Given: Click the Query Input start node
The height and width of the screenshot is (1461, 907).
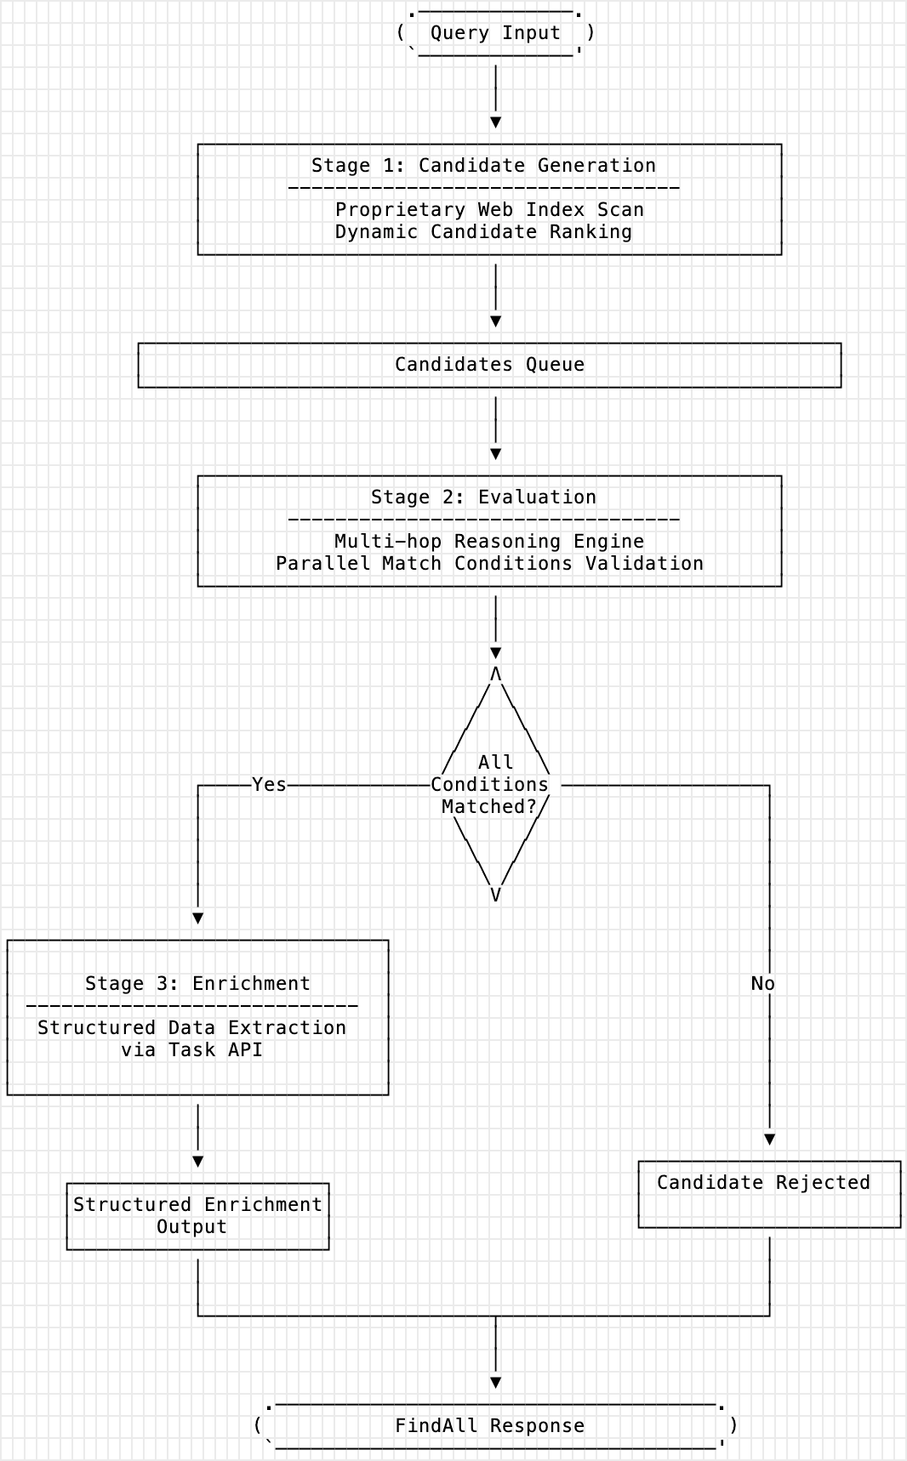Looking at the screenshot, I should click(x=495, y=33).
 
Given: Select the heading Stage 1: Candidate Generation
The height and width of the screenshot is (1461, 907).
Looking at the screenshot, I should click(x=483, y=165).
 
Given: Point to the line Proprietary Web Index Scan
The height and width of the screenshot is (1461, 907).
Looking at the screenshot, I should click(x=489, y=209).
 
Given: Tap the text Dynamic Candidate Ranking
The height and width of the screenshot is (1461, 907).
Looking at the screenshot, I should click(x=483, y=231).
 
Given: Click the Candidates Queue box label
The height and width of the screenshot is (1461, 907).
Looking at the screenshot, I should click(x=489, y=364).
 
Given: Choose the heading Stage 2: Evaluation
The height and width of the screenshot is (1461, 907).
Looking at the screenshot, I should click(x=483, y=497).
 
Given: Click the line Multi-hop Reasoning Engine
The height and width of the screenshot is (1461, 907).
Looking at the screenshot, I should click(x=489, y=541).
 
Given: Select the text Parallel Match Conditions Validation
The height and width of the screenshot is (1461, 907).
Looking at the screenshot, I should click(x=489, y=563).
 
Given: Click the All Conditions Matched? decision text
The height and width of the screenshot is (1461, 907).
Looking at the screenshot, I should click(x=490, y=784).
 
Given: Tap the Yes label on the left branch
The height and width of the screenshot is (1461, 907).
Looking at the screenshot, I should click(x=269, y=784).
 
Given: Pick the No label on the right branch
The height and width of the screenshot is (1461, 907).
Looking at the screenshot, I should click(x=762, y=983).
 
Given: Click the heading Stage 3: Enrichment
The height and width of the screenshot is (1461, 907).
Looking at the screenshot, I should click(x=197, y=983).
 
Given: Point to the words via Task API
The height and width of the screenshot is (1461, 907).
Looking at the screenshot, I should click(x=191, y=1049).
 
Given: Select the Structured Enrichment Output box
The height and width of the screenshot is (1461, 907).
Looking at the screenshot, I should click(x=197, y=1215).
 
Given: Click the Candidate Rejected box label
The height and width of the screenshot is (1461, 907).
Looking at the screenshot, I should click(x=763, y=1182).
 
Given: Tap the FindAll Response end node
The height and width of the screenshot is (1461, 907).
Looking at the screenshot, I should click(x=489, y=1425).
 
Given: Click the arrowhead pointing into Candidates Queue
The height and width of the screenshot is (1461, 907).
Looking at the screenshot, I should click(x=496, y=321).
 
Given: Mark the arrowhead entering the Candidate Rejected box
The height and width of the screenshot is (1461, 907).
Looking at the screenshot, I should click(x=769, y=1140).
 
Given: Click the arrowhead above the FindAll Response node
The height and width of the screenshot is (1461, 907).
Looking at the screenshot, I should click(x=496, y=1383).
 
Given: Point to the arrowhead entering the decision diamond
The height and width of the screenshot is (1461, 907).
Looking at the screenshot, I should click(x=496, y=653).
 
